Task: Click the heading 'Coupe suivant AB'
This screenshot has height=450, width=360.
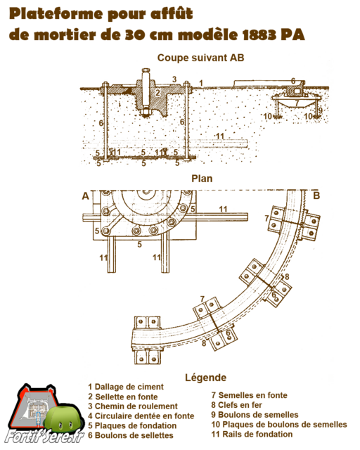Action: tap(200, 58)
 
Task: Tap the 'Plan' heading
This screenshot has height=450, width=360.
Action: tap(202, 179)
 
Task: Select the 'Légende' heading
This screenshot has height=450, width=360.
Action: tap(205, 378)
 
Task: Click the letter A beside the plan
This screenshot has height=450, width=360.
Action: tap(86, 196)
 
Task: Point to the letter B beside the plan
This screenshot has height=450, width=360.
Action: tap(316, 195)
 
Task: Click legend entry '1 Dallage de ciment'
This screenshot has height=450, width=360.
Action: tap(126, 387)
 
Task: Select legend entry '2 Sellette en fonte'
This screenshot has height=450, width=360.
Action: tap(123, 397)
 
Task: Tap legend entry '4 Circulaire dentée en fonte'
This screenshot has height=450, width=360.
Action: tap(141, 416)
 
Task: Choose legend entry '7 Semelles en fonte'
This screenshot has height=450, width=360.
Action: tap(249, 395)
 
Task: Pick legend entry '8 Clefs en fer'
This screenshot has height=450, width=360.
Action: tap(236, 405)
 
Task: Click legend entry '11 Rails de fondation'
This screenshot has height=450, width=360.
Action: tap(252, 435)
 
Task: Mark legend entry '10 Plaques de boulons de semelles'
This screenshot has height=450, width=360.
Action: tap(279, 424)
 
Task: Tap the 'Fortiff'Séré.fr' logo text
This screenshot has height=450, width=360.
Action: tap(44, 437)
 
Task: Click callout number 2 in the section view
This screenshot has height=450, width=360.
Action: tap(157, 93)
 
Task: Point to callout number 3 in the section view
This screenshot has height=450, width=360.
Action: tap(174, 79)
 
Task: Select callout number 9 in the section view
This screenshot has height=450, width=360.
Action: tap(320, 110)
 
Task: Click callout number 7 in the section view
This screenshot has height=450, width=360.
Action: tap(297, 103)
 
